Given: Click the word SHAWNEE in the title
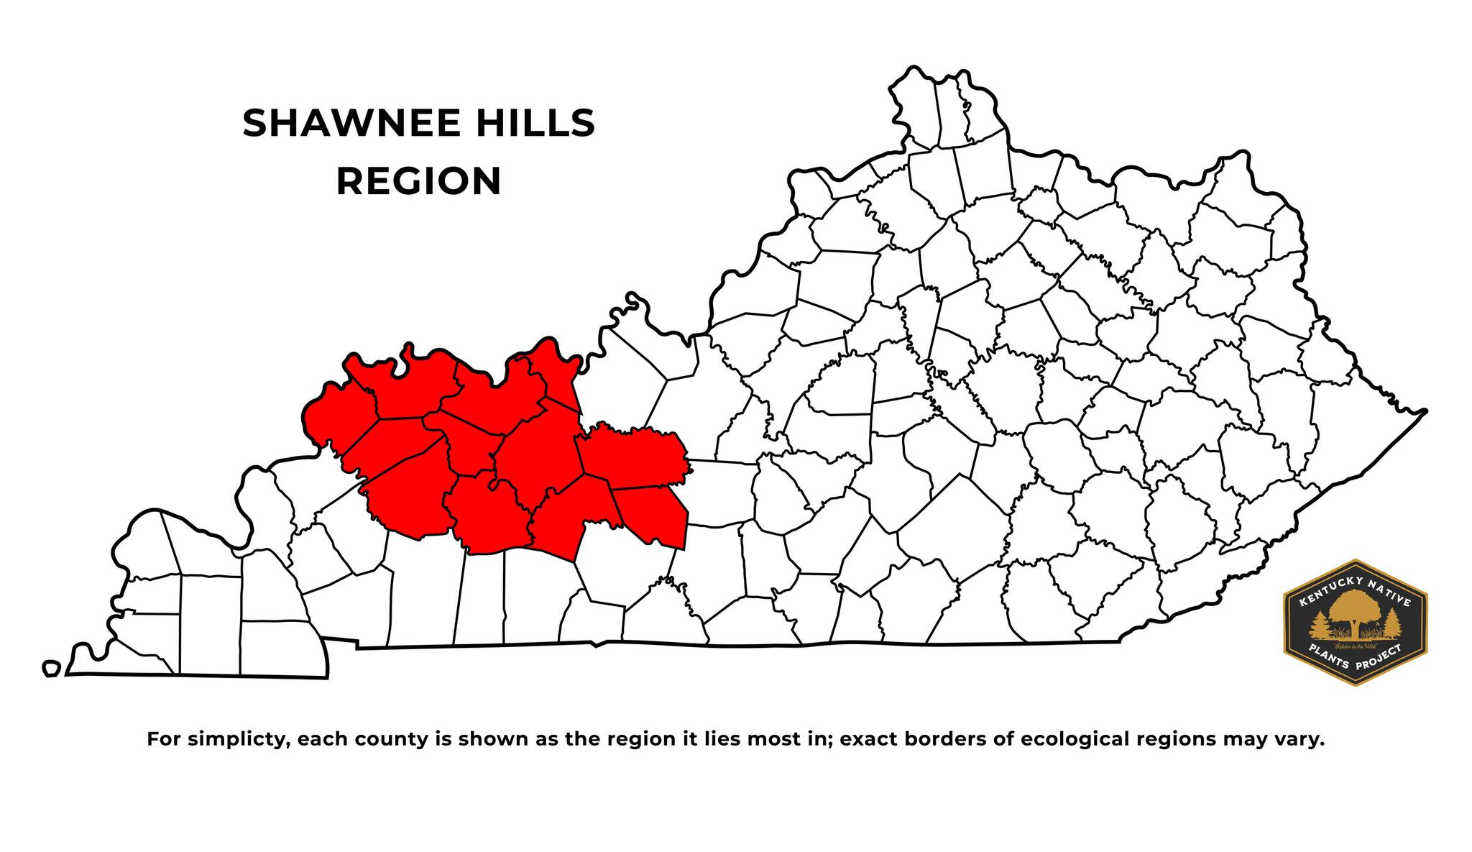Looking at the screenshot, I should tap(351, 124).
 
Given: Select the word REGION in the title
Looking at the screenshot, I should tap(418, 181).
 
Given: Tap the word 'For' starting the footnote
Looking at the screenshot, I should tap(164, 740).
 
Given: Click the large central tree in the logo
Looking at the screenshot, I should tap(1354, 611).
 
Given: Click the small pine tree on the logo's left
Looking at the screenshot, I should tap(1320, 625).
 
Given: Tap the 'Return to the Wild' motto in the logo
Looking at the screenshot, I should tap(1356, 643).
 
